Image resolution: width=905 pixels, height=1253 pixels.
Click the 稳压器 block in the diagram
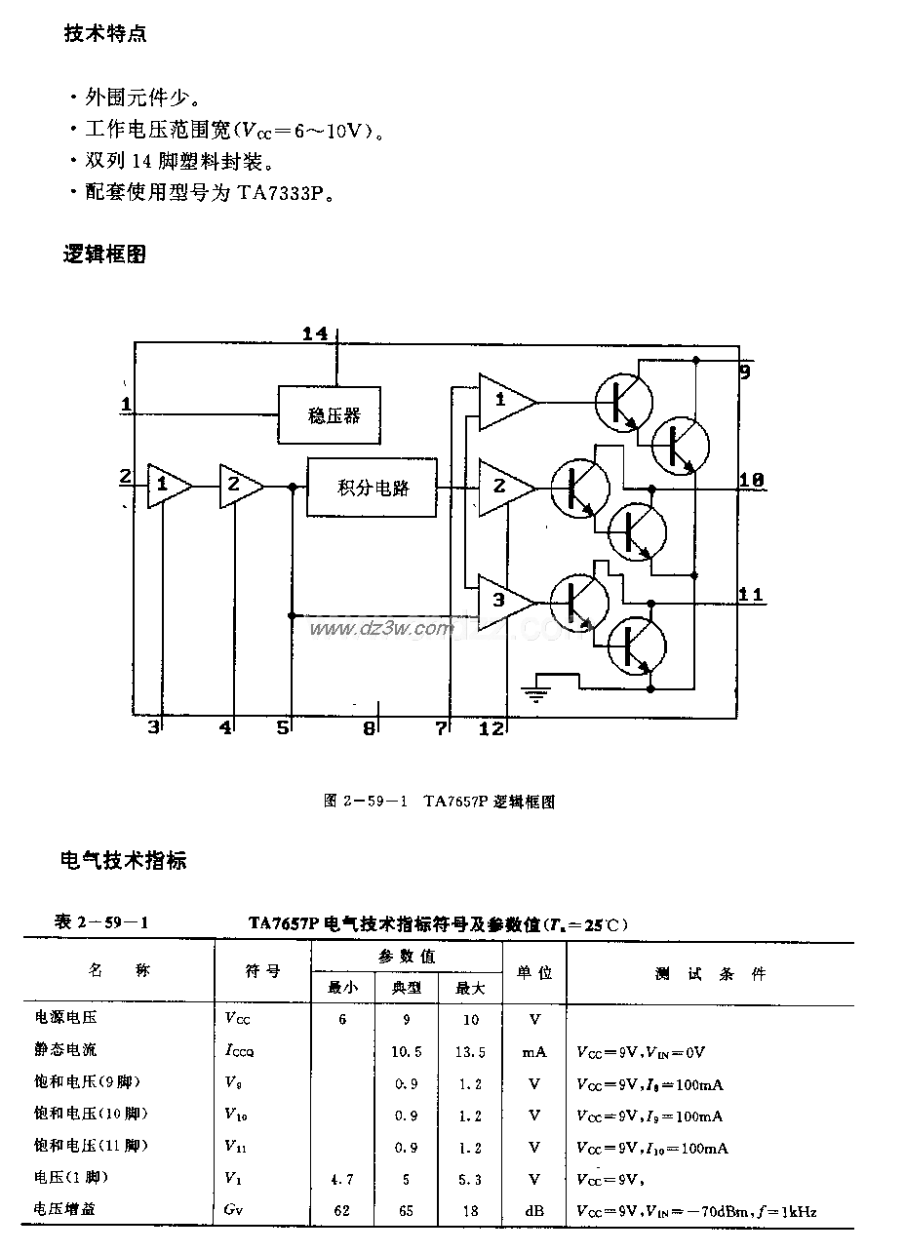(330, 415)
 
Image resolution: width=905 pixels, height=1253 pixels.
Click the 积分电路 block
(372, 487)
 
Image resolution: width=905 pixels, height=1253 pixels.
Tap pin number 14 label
(314, 334)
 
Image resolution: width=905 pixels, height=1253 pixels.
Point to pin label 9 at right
(744, 371)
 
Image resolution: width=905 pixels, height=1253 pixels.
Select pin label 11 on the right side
(750, 595)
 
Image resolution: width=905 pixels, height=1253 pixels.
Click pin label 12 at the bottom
(492, 726)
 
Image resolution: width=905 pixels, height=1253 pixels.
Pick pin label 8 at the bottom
(369, 727)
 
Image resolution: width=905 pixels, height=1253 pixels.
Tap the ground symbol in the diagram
(536, 693)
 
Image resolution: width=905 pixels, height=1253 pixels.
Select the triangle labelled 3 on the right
(502, 599)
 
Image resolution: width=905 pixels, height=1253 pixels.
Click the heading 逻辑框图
(104, 255)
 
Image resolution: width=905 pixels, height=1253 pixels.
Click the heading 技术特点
(104, 34)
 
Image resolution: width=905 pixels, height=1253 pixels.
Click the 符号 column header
(262, 972)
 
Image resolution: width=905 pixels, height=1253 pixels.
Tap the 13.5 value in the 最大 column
(470, 1051)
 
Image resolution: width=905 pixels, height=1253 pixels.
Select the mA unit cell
(533, 1051)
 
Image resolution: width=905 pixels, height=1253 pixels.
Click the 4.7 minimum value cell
(342, 1179)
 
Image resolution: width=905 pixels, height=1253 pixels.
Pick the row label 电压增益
(65, 1210)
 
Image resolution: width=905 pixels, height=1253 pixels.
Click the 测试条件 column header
(710, 973)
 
